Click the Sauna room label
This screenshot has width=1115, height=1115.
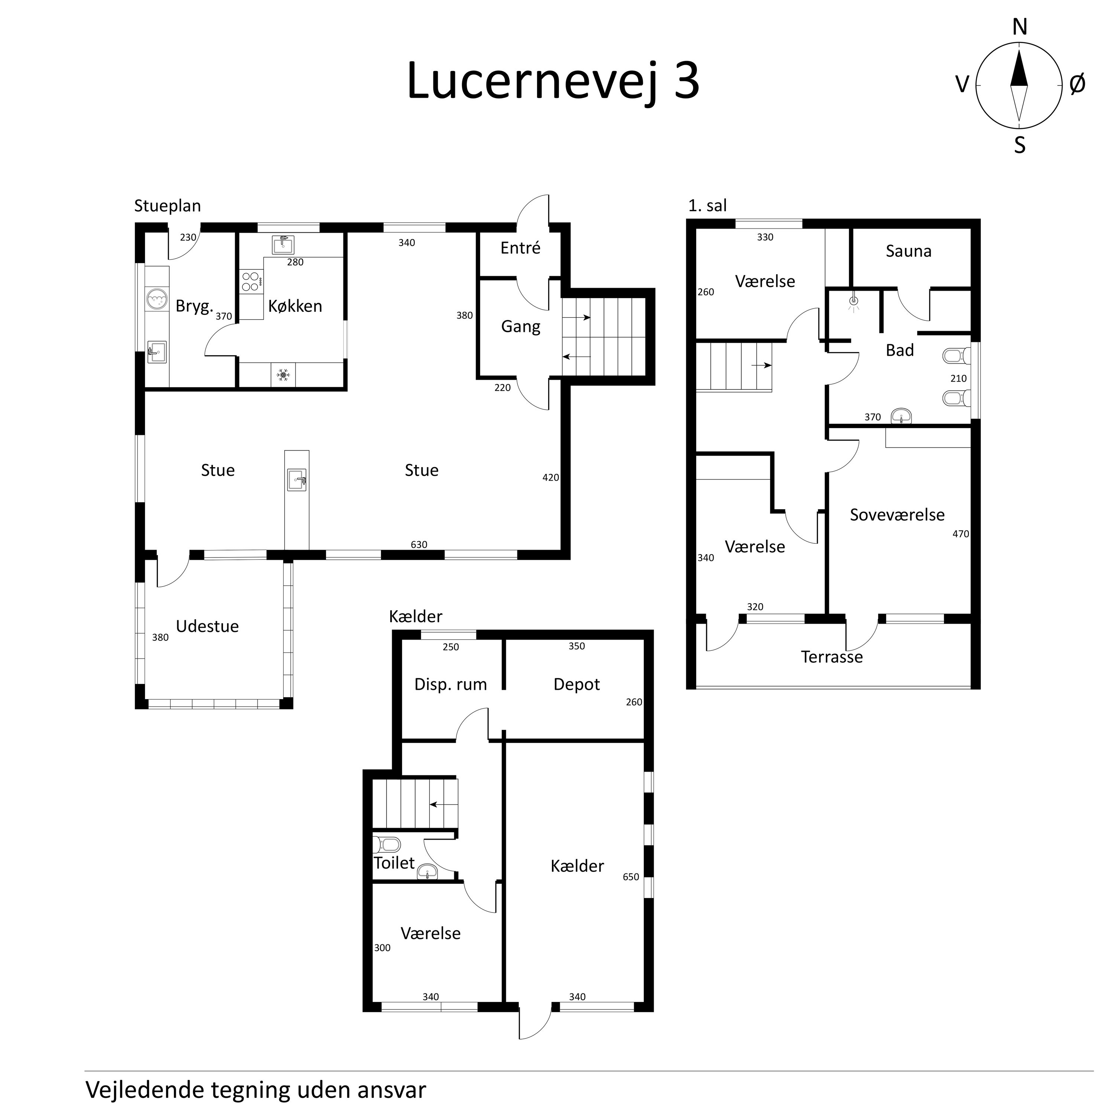tap(908, 251)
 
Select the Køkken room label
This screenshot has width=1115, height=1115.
tap(295, 306)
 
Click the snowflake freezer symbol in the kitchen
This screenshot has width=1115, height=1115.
tap(283, 375)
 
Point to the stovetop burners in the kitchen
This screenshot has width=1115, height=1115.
tap(251, 282)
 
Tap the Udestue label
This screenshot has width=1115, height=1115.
tap(207, 626)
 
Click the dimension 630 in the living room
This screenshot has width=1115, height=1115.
tap(418, 544)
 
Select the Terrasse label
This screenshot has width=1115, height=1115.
tap(832, 657)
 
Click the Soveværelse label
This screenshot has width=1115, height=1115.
tap(897, 515)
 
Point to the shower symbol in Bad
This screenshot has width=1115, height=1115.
tap(854, 302)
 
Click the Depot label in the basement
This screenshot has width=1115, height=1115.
tap(576, 685)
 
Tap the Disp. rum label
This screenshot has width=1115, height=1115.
tap(450, 685)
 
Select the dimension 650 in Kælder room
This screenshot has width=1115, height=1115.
tap(630, 877)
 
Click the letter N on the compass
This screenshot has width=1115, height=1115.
tap(1020, 27)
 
